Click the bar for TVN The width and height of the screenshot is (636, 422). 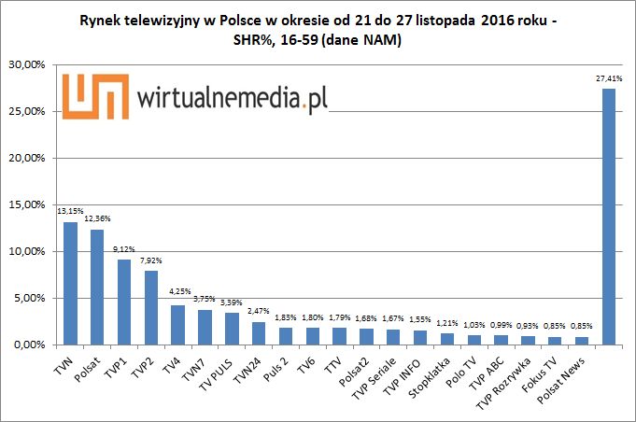71,283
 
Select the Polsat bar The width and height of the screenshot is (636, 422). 97,287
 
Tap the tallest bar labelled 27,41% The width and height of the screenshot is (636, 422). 609,217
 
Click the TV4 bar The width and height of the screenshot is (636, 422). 177,324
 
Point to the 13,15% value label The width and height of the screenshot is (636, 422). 71,211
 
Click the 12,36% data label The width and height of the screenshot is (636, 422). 97,218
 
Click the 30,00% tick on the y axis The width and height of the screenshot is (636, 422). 29,65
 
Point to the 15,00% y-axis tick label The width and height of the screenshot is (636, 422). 29,205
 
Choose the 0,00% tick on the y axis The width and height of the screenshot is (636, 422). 32,345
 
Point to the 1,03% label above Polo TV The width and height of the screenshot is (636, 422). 474,325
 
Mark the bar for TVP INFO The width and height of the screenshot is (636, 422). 420,338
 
